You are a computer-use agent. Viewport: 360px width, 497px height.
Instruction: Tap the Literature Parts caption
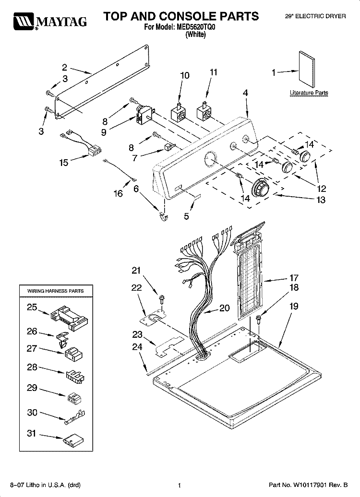[309, 93]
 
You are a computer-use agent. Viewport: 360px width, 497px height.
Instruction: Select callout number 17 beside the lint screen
[294, 278]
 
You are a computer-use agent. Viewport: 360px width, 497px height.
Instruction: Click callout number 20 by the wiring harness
[224, 308]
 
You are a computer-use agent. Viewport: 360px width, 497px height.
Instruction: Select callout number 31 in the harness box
[31, 434]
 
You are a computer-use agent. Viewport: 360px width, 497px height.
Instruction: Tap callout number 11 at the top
[214, 72]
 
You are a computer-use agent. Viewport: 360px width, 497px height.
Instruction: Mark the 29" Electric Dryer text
[315, 16]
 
